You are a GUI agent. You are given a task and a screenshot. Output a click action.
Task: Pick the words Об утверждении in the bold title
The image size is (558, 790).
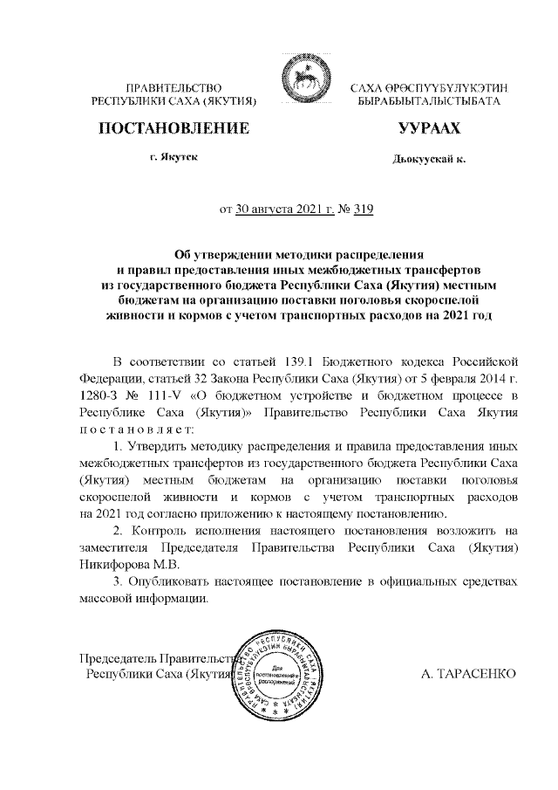[217, 254]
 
